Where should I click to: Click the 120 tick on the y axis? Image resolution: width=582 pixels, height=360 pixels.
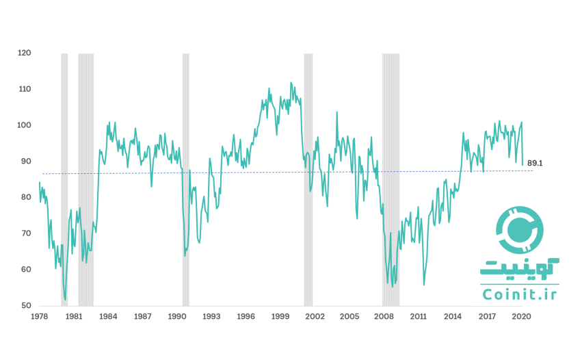25,53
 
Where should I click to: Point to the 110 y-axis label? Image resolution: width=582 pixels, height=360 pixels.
25,89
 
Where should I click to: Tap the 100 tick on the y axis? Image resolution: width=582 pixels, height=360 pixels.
25,125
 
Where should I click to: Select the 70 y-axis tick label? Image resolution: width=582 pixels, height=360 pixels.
26,233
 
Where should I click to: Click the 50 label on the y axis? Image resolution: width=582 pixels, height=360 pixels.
26,305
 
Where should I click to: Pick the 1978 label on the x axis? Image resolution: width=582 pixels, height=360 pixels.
39,317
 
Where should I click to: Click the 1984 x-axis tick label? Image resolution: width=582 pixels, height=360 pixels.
108,317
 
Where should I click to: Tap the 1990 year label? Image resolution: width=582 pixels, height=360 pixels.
177,317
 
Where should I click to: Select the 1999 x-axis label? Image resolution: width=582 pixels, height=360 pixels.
280,317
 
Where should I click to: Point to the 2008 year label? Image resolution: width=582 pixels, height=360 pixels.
384,317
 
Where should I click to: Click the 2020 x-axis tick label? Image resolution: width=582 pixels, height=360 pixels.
521,317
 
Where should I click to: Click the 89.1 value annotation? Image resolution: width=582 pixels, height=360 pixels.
535,164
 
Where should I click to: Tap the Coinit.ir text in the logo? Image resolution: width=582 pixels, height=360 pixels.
519,294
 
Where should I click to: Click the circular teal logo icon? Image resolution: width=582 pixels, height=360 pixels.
519,229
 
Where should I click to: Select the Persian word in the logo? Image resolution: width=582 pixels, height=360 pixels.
519,268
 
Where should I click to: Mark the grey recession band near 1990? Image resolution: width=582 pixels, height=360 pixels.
185,178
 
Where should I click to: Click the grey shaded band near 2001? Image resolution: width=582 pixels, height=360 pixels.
308,178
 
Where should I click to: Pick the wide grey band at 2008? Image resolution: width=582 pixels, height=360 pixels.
391,178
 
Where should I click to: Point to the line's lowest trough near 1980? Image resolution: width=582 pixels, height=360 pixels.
65,299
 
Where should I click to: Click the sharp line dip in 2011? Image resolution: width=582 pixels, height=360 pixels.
424,284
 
